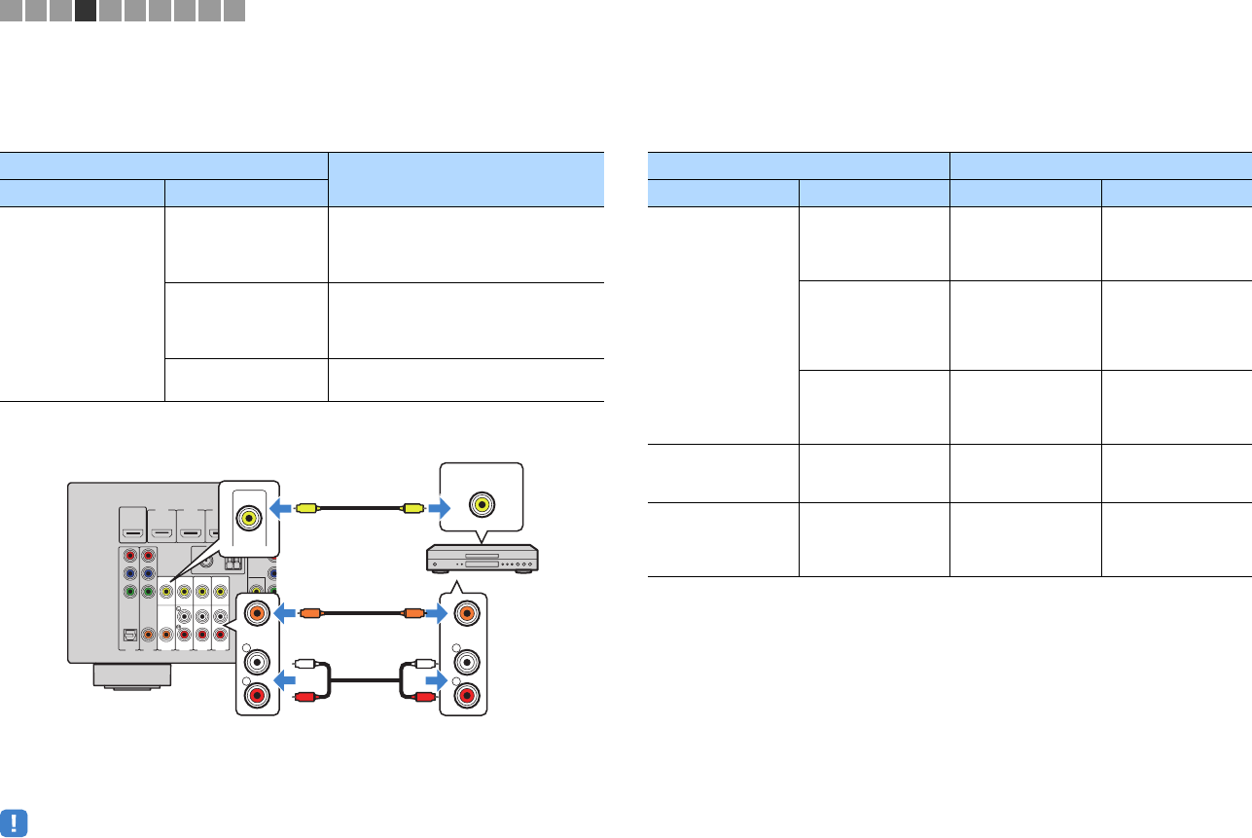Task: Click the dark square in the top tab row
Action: click(x=85, y=11)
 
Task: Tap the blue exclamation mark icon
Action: click(x=15, y=822)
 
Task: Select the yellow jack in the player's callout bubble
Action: click(x=481, y=504)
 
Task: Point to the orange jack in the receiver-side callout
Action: click(x=258, y=614)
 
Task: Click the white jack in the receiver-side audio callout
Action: click(x=258, y=663)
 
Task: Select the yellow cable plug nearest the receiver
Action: click(x=305, y=507)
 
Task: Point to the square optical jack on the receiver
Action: click(x=130, y=634)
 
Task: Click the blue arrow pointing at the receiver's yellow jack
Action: click(x=281, y=507)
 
